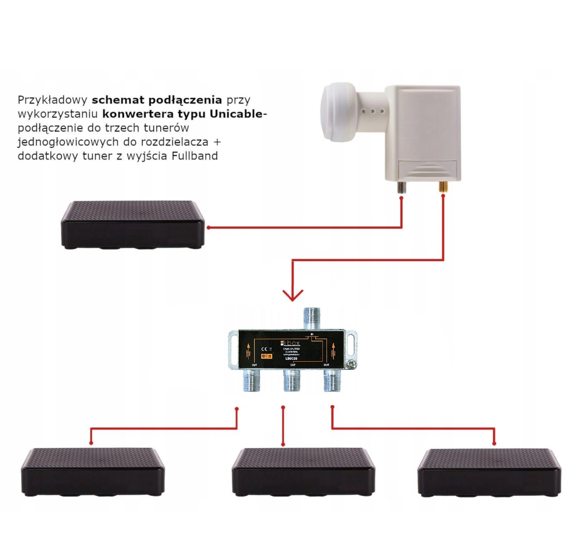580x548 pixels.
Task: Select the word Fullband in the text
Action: pos(195,156)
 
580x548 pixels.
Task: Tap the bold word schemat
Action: pos(118,100)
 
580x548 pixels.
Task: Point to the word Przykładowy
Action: pos(52,100)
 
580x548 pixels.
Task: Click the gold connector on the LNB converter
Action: pos(443,186)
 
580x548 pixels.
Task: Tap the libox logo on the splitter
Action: pos(290,343)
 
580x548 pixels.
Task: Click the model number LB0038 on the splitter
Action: pos(291,358)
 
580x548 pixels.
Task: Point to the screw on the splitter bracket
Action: pos(352,364)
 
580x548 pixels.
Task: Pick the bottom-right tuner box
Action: pos(489,472)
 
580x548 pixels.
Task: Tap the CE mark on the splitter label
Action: pos(264,349)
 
